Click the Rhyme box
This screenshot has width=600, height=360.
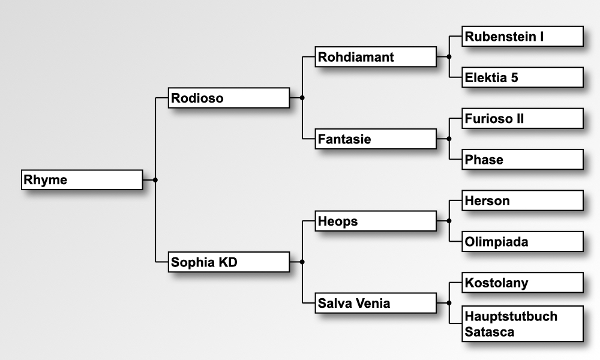(82, 180)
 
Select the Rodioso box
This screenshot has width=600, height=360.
(229, 98)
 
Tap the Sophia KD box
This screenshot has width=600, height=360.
(229, 262)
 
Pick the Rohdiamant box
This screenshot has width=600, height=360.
(376, 57)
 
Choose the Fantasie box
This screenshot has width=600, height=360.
(376, 139)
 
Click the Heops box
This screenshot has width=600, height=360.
(376, 221)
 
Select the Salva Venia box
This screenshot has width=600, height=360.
(376, 303)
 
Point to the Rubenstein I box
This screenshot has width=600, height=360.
(523, 36)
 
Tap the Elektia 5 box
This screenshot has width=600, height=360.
(523, 77)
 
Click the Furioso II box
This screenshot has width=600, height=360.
(523, 118)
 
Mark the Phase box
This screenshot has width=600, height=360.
(523, 160)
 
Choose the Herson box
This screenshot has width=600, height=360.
(523, 200)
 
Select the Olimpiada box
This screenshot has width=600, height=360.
(523, 241)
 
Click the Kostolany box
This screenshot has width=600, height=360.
(523, 283)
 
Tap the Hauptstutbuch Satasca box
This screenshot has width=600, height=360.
(523, 324)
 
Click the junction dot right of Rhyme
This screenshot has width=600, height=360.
(155, 180)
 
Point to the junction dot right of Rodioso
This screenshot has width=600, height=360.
(302, 97)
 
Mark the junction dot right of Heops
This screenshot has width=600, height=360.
(449, 221)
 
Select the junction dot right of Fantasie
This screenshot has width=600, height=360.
(449, 139)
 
